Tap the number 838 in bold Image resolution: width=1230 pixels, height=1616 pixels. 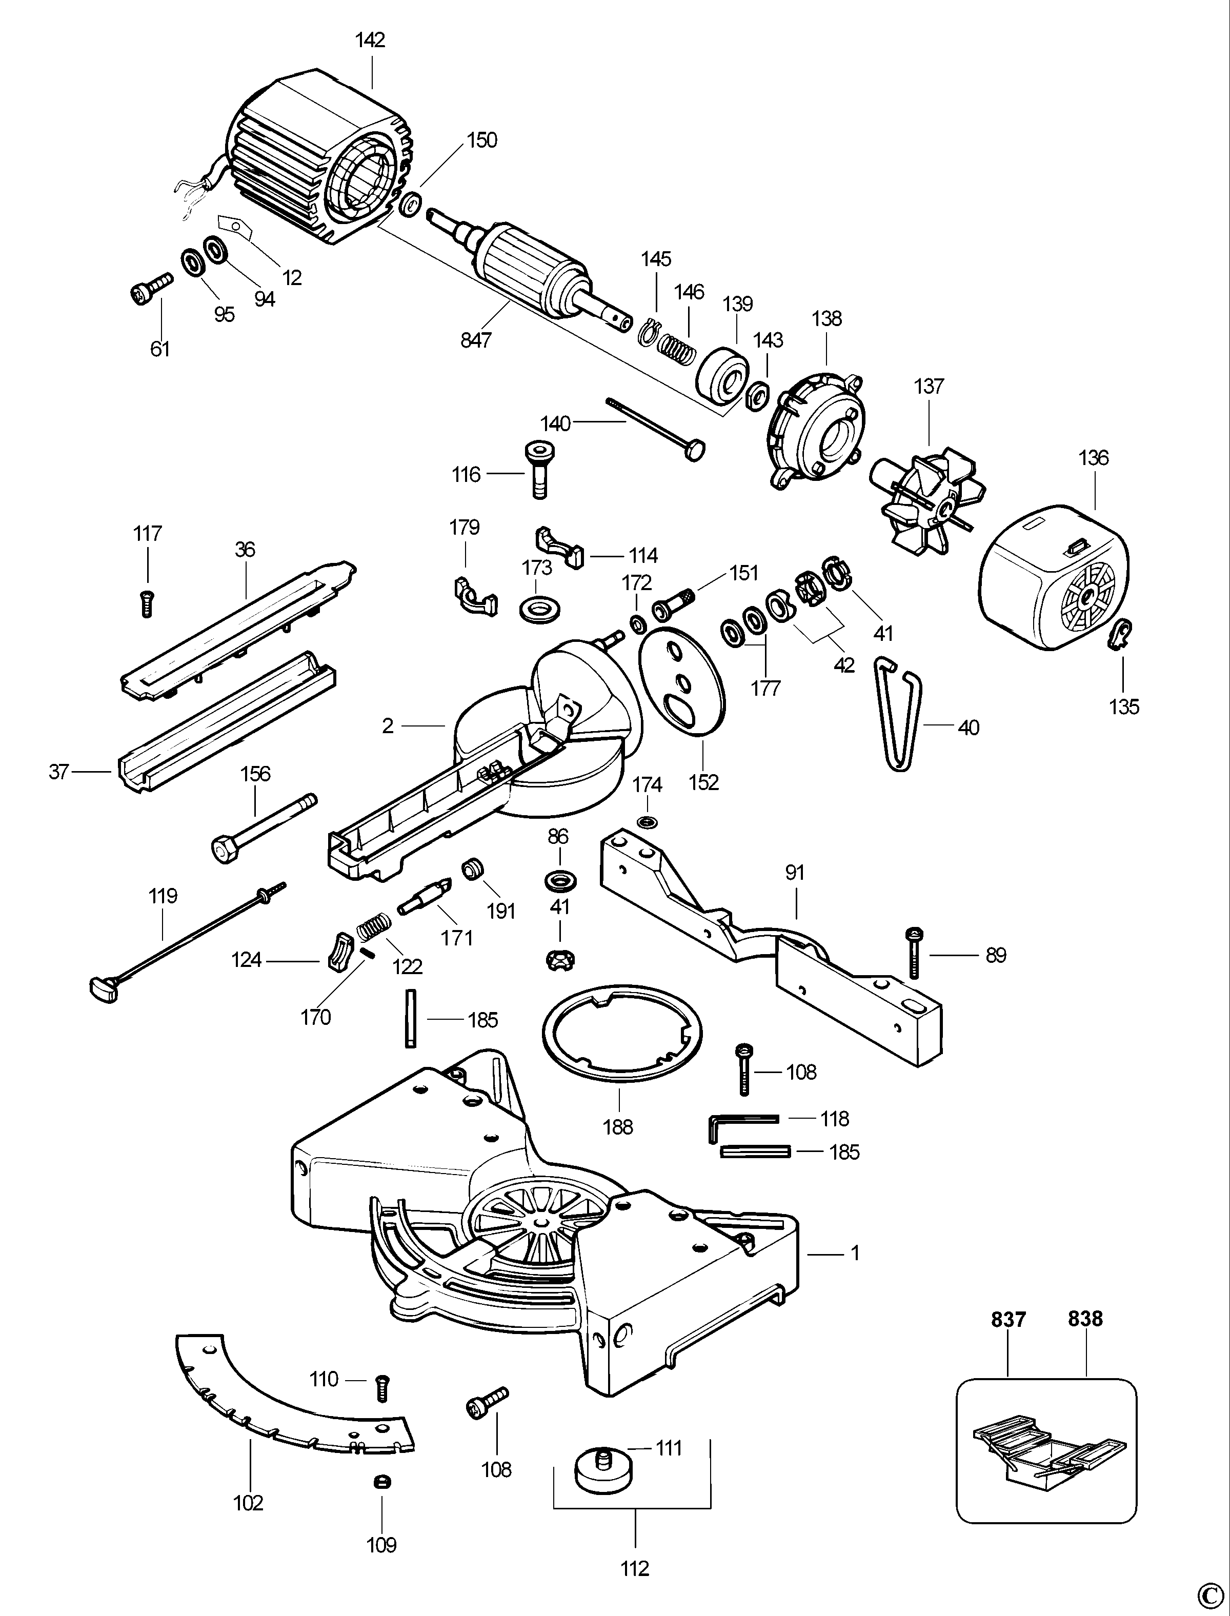[1085, 1319]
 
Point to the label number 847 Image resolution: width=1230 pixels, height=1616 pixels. [476, 340]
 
